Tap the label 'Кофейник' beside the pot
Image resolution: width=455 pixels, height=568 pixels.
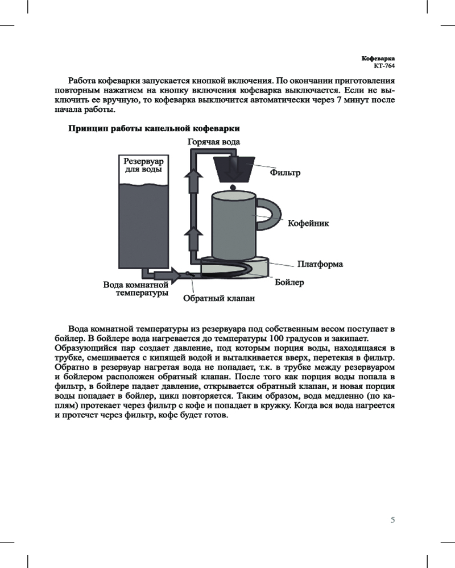[x=308, y=223]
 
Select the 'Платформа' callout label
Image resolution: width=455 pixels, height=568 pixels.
[x=320, y=265]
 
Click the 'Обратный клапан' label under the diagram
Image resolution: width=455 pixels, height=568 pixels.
[x=218, y=298]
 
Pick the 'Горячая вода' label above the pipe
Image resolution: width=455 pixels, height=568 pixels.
[x=213, y=141]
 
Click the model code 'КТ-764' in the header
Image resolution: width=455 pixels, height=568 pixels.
[x=383, y=66]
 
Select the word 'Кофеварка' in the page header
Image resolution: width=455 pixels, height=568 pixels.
[x=378, y=59]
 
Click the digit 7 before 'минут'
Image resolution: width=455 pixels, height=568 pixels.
[x=334, y=100]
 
